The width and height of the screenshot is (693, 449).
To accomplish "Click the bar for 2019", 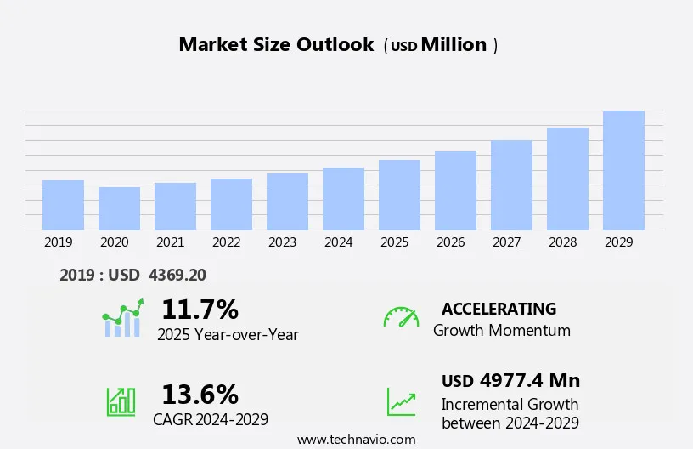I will (63, 205).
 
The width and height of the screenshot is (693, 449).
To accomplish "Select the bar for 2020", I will (119, 208).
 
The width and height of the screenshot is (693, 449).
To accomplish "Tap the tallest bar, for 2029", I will (623, 170).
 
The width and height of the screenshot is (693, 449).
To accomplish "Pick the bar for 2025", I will (399, 195).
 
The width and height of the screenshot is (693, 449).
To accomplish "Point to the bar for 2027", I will (511, 185).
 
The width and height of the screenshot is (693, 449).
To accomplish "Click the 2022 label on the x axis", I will (227, 242).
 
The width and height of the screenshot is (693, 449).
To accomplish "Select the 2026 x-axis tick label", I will (451, 242).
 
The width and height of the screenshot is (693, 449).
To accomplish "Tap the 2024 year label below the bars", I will (339, 242).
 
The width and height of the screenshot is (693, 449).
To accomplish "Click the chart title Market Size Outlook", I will (276, 45).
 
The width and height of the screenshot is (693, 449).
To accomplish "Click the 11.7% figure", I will (200, 309).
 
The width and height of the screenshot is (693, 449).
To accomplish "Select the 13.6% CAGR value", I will (200, 395).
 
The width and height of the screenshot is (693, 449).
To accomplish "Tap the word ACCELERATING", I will (499, 309).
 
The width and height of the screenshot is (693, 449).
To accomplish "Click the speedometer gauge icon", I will (401, 317).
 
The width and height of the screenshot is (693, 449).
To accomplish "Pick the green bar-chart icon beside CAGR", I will (121, 401).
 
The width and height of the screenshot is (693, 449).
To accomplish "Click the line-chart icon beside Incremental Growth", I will (401, 401).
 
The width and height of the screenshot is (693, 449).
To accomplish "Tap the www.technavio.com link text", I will (356, 440).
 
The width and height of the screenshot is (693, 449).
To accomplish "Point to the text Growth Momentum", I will (502, 331).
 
